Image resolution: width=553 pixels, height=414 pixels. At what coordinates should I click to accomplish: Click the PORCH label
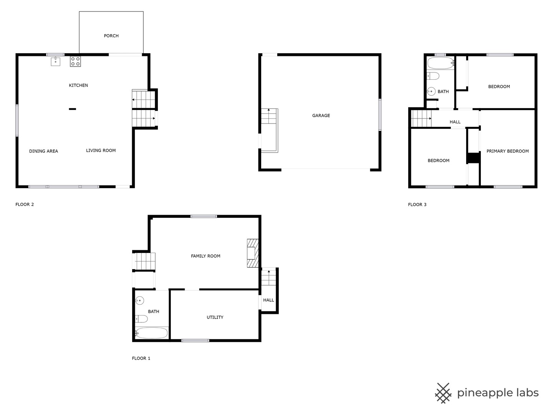[111, 36]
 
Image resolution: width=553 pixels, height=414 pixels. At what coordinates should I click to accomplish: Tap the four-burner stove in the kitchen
[75, 62]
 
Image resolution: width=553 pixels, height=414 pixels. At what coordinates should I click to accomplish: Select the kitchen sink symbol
[55, 61]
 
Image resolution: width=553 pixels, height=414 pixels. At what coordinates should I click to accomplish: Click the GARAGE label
[321, 115]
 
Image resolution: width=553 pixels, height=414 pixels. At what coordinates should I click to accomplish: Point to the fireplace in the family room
[252, 253]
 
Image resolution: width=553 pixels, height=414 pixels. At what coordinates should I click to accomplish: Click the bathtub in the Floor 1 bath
[151, 333]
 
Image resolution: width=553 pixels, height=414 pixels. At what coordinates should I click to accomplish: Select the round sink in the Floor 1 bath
[140, 301]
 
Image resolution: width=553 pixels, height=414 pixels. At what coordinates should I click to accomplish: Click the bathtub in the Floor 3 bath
[441, 64]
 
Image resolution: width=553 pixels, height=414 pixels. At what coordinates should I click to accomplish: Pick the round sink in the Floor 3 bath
[431, 91]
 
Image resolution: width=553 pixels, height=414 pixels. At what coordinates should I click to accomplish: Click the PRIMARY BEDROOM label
[507, 151]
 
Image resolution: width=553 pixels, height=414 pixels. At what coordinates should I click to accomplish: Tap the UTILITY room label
[215, 317]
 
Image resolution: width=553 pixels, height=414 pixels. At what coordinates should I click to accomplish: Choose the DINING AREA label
[43, 151]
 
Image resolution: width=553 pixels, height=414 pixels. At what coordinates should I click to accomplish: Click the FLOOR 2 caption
[25, 204]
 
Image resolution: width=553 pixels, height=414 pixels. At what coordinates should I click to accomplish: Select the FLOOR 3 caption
[417, 204]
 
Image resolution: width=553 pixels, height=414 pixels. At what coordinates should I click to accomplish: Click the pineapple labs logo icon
[443, 393]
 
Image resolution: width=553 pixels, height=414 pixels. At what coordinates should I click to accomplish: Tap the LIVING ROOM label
[101, 150]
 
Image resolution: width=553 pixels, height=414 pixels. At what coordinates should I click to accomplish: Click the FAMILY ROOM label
[205, 256]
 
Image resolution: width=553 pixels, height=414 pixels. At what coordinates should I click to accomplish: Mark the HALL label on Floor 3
[455, 122]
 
